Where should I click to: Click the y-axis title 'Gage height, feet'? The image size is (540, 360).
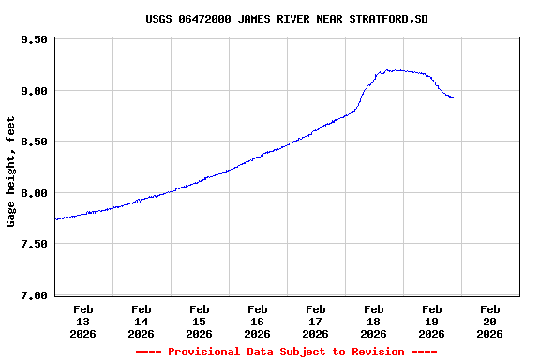11,172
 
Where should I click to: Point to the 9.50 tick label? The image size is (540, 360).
34,40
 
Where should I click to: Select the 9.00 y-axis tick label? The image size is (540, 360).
34,91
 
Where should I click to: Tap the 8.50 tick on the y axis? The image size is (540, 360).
34,142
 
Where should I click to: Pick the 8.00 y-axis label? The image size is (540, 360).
34,193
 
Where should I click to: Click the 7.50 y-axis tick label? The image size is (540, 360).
34,244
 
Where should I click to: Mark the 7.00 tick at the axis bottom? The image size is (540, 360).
34,295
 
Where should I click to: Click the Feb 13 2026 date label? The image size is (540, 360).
83,321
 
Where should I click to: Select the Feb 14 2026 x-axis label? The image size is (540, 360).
142,321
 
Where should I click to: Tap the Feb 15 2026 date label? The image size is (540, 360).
200,321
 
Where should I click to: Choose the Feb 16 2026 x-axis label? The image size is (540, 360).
258,321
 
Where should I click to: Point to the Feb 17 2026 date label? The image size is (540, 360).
316,321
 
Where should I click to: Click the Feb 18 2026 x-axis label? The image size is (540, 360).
374,321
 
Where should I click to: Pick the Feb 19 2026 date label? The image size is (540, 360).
432,321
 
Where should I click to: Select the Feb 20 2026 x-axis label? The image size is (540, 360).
490,321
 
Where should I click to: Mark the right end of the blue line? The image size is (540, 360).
457,98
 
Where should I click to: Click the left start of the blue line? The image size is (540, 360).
56,219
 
